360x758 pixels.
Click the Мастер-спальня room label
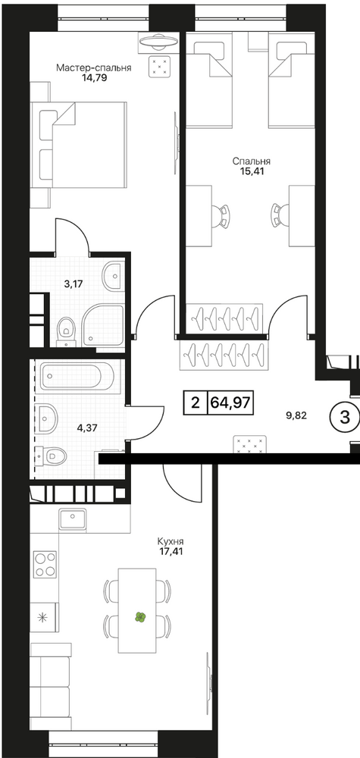click(94, 67)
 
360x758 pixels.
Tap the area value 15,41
click(251, 171)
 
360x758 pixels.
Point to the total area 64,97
click(230, 402)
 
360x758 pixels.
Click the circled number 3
click(345, 418)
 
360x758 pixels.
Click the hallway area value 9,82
click(297, 415)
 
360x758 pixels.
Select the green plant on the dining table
click(140, 617)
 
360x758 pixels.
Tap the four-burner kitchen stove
click(45, 564)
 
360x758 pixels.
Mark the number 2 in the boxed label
click(196, 402)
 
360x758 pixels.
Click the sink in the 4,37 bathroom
click(47, 417)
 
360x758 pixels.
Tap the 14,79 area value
click(94, 77)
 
